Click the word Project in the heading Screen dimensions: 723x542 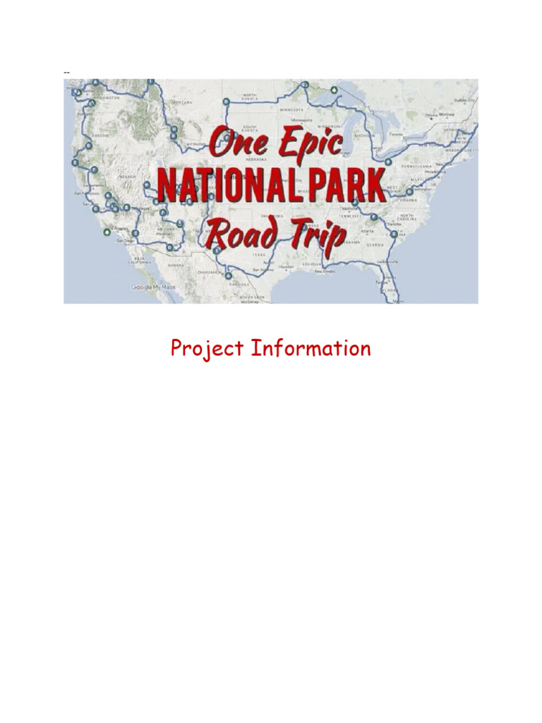(x=207, y=349)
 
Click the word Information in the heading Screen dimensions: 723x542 (x=311, y=348)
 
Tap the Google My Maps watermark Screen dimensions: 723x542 (x=153, y=287)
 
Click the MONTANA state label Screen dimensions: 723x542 (x=181, y=102)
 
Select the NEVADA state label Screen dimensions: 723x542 (x=127, y=177)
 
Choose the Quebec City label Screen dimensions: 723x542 (x=464, y=100)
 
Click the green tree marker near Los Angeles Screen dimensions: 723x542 (x=106, y=231)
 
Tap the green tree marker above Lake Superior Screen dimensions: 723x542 (x=333, y=90)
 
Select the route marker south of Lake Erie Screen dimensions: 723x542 (x=387, y=162)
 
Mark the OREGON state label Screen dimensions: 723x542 (x=99, y=136)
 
